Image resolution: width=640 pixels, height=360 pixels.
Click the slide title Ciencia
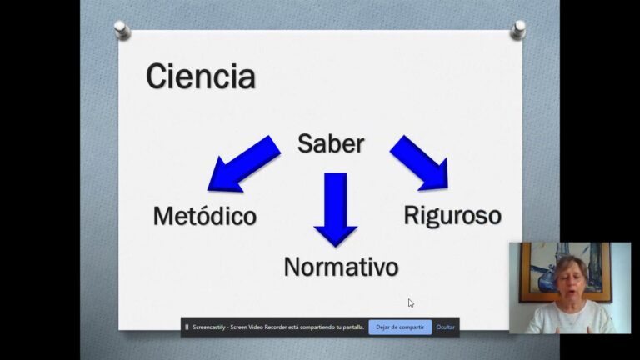(x=200, y=77)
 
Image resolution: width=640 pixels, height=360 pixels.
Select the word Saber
(x=331, y=143)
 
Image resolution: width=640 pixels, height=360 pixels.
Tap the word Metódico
(x=204, y=216)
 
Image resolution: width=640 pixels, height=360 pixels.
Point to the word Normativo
(x=341, y=267)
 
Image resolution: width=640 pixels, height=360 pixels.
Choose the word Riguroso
(x=452, y=215)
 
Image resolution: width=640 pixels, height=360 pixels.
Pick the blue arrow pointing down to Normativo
(x=336, y=209)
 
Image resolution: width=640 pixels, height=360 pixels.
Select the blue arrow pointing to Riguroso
(x=421, y=162)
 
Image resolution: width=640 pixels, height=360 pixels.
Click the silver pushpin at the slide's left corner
(x=122, y=30)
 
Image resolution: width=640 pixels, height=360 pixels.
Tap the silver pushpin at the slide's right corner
(x=518, y=29)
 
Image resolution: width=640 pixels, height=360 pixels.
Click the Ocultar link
(x=446, y=327)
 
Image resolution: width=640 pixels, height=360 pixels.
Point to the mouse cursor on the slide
(x=411, y=303)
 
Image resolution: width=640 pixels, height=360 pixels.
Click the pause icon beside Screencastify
(x=187, y=327)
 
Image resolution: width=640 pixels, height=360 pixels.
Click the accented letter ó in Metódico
(x=209, y=216)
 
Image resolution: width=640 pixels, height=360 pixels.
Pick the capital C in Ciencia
(x=157, y=77)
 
